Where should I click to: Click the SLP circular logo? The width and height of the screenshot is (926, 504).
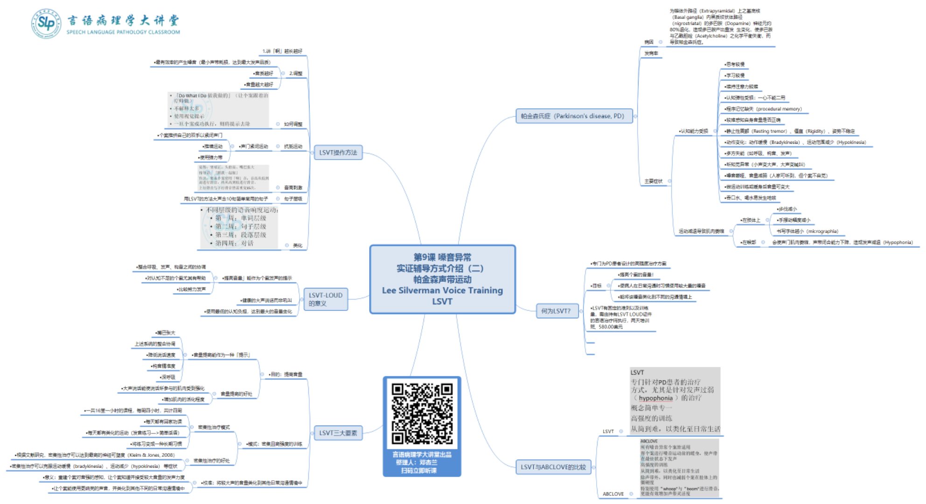coord(46,22)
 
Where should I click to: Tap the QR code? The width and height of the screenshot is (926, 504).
coord(422,413)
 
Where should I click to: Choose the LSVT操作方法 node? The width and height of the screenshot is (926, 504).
coord(338,153)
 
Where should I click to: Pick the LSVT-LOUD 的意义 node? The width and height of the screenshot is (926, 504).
coord(325,299)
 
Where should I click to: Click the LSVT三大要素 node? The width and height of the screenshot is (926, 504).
coord(338,433)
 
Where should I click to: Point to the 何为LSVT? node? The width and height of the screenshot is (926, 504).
coord(556,311)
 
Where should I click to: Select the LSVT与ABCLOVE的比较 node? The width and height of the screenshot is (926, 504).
coord(553,467)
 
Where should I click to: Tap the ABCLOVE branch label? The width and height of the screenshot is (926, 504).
coord(613,494)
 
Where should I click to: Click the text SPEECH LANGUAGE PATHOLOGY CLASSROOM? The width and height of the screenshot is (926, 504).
coord(123,32)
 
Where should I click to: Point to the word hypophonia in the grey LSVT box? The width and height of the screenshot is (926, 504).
coord(655,398)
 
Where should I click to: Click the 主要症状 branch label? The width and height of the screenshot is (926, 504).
coord(654,181)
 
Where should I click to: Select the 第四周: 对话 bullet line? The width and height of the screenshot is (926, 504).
coord(234,243)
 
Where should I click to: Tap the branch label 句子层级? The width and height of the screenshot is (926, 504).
coord(293,199)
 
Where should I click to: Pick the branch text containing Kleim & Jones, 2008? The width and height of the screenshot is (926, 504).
coord(95,455)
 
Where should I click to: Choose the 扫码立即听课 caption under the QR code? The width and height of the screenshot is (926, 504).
coord(422,470)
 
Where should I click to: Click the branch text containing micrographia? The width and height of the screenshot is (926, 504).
coord(807,231)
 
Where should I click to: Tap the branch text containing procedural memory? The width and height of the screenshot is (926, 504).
coord(763,109)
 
